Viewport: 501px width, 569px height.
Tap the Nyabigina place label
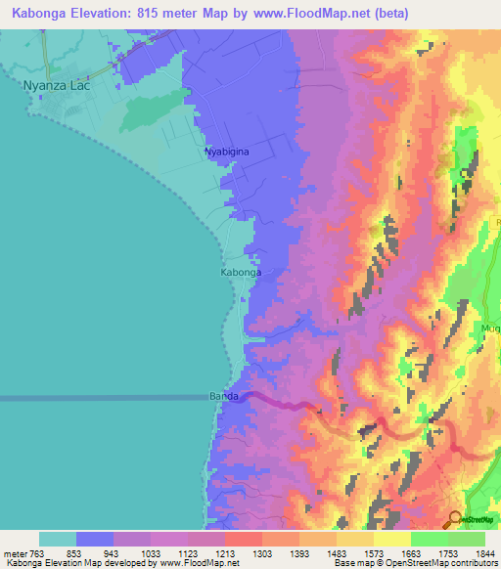227,153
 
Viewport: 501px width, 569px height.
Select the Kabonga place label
240,273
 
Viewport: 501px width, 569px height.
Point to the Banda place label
224,396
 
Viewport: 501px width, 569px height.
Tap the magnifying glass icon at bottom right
455,520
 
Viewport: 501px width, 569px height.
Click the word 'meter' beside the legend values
16,553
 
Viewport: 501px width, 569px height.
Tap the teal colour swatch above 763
57,539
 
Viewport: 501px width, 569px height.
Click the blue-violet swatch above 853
95,539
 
